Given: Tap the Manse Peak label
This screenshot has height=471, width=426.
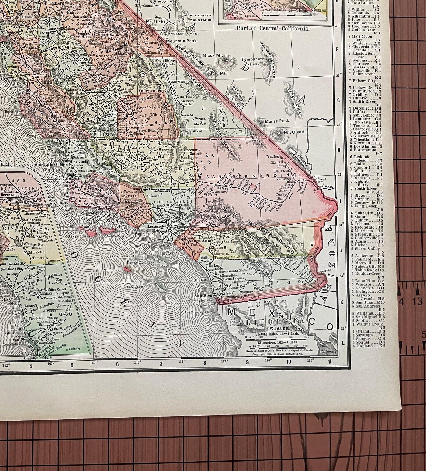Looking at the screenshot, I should tap(277, 121).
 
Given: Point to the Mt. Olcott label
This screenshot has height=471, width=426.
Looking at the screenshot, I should tap(294, 132).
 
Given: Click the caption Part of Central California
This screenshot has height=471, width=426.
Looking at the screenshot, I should tap(273, 28).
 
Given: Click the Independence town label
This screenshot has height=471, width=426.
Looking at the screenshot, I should tap(151, 91).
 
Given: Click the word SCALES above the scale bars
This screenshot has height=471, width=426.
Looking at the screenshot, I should tap(280, 329).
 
